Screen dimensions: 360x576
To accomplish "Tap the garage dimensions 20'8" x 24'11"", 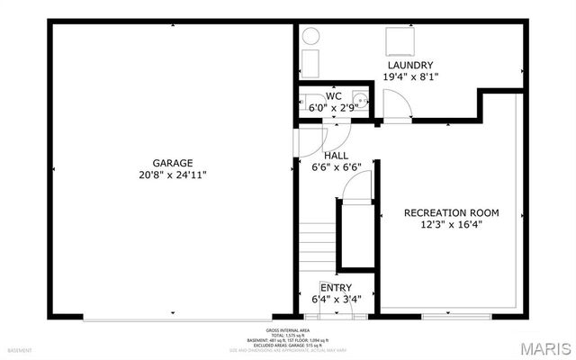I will click(173, 175).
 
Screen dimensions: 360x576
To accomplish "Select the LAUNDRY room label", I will click(410, 66).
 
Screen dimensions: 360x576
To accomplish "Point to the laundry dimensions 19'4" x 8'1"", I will click(410, 78).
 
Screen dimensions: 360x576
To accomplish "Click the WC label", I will click(333, 95).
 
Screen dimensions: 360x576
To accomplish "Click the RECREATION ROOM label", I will click(451, 212).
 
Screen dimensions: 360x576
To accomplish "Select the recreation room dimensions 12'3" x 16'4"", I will click(451, 225).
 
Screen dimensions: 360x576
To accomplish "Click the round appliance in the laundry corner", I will click(311, 37).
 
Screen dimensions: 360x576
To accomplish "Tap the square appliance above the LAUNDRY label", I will click(398, 41).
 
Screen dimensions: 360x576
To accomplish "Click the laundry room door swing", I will click(397, 107).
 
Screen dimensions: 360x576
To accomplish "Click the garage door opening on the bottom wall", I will click(175, 317).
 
